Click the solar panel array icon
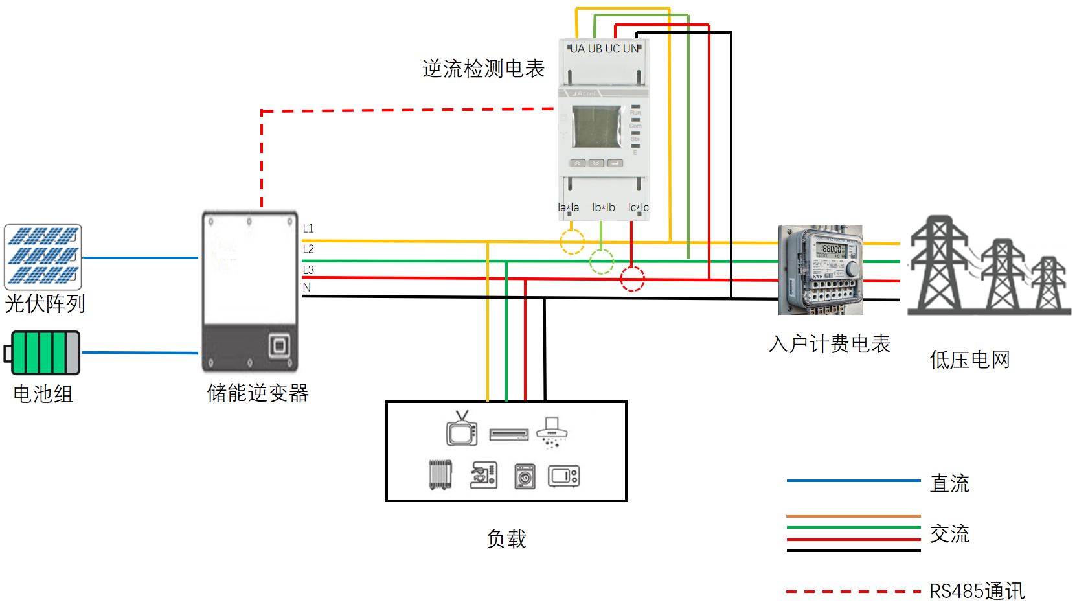point(43,257)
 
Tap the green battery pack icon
point(43,352)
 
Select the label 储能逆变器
point(257,393)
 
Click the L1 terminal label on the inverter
point(308,229)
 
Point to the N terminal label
point(307,288)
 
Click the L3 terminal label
point(308,270)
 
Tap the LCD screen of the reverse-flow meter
point(596,127)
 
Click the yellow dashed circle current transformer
point(572,242)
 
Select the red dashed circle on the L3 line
point(632,279)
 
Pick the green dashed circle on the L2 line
point(602,262)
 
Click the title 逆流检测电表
point(483,69)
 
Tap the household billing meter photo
point(821,270)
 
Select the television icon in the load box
point(462,430)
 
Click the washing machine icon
point(525,476)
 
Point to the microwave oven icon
point(563,476)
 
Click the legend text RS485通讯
point(977,591)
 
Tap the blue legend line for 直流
point(853,481)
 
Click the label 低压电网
point(969,360)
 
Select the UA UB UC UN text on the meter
point(604,49)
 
